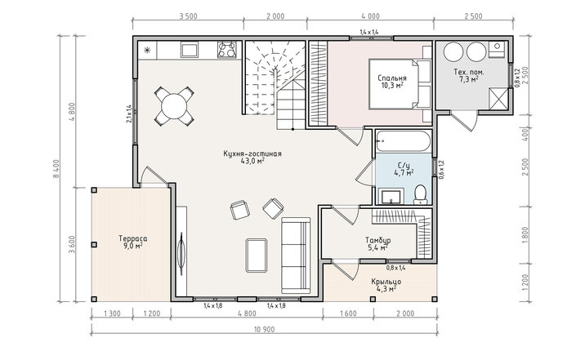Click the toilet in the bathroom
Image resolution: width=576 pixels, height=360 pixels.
click(420, 195)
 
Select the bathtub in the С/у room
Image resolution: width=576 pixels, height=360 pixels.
click(404, 141)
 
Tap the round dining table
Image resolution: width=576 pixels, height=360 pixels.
click(174, 106)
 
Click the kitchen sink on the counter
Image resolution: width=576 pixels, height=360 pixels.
click(190, 50)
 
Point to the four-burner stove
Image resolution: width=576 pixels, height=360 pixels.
click(226, 50)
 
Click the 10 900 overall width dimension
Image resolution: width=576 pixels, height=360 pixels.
click(264, 330)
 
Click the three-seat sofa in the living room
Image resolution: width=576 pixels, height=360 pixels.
click(296, 255)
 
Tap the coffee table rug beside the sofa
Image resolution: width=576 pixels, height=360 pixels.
click(257, 255)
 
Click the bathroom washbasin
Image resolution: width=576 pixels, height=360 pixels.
click(391, 197)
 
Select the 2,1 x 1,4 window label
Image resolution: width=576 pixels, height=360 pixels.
click(128, 113)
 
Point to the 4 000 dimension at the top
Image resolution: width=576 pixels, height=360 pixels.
click(370, 16)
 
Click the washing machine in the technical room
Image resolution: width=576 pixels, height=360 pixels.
click(498, 49)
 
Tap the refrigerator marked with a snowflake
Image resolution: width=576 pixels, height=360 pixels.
click(147, 51)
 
